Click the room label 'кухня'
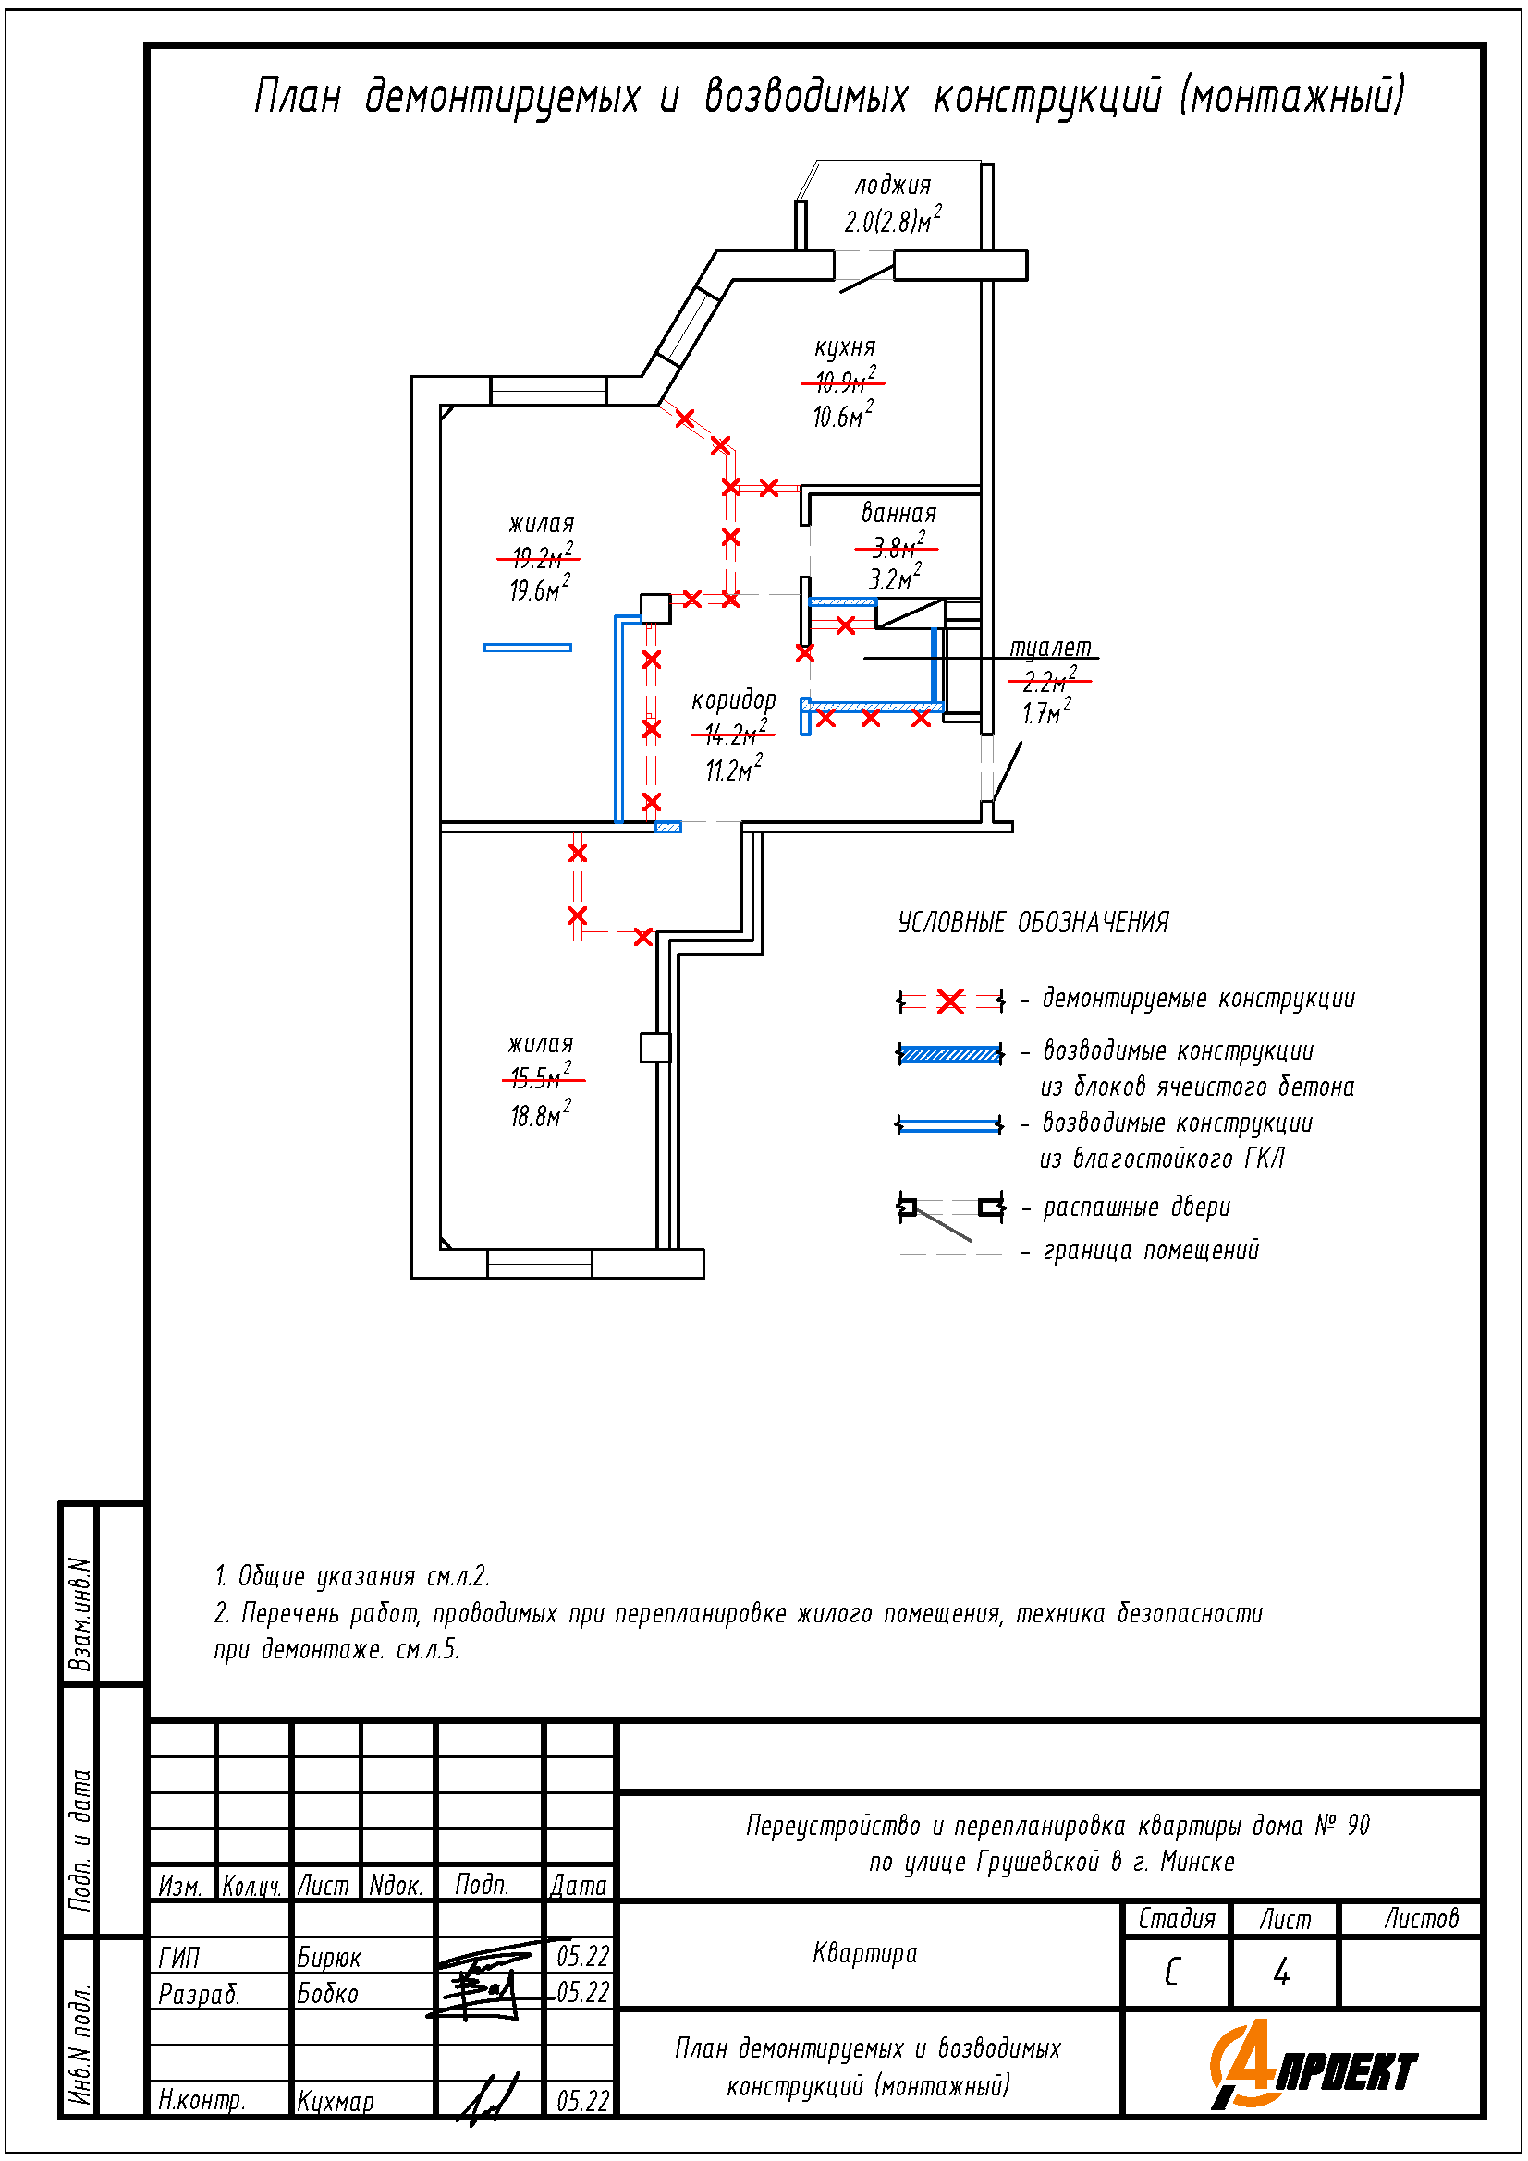tap(845, 348)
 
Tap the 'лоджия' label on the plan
tap(892, 186)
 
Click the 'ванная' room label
tap(898, 514)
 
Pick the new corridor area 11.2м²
tap(733, 770)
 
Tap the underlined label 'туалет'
tap(1050, 648)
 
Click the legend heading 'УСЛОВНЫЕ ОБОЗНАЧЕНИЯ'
tap(1033, 922)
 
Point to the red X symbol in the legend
tap(950, 1001)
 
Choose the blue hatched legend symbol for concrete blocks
tap(950, 1053)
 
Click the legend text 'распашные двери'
tap(1136, 1207)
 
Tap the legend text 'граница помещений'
tap(1151, 1251)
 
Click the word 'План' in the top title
tap(297, 96)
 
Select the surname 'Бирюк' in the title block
tap(328, 1957)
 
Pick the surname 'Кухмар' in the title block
tap(336, 2101)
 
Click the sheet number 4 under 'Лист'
tap(1280, 1972)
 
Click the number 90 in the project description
tap(1358, 1825)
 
